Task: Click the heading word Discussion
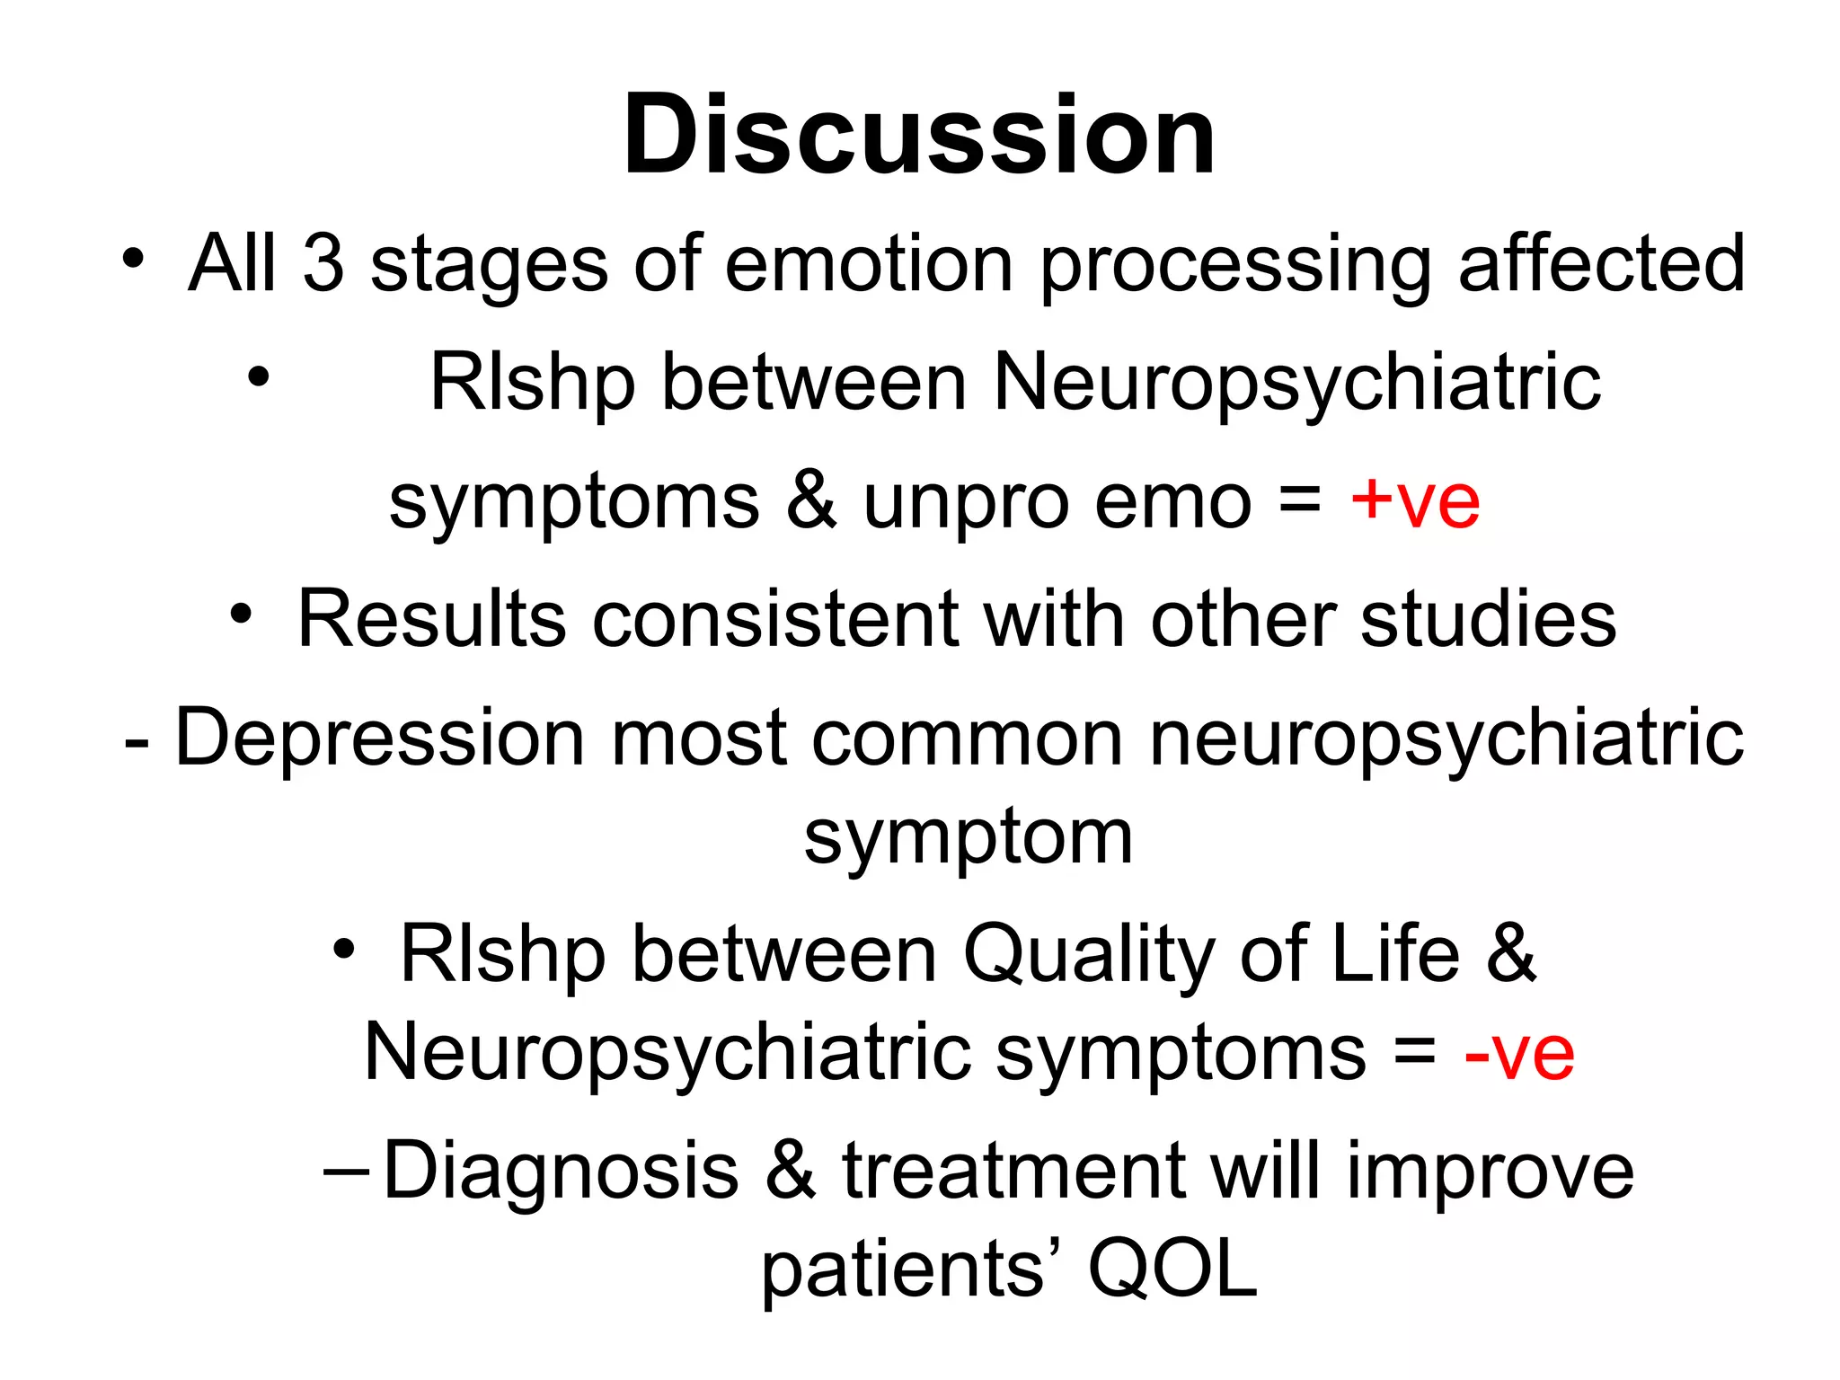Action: [x=919, y=137]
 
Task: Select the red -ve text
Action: [x=1518, y=1053]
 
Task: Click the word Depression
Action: [x=379, y=739]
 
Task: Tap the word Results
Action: [x=431, y=619]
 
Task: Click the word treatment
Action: [x=1013, y=1171]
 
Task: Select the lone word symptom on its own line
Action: [x=968, y=838]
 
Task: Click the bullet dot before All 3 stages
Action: [x=133, y=259]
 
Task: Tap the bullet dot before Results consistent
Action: [x=241, y=615]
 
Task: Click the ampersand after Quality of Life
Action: [x=1511, y=954]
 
